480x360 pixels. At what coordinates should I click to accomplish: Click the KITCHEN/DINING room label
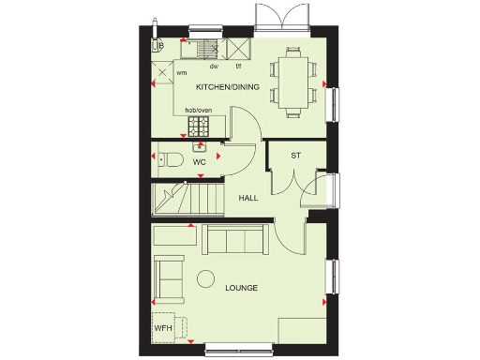pos(227,87)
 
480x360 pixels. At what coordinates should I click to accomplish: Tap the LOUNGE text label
pos(241,287)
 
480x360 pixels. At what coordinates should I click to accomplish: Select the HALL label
pos(248,199)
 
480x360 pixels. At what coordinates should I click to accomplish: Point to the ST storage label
pos(295,156)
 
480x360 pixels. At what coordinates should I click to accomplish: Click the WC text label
pos(199,162)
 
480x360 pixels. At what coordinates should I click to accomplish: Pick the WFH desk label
pos(163,328)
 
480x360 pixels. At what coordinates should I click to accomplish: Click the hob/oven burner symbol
pos(198,126)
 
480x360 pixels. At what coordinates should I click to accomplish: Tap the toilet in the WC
pos(167,158)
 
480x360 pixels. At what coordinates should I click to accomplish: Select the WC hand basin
pos(199,146)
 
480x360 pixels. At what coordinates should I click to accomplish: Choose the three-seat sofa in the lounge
pos(232,240)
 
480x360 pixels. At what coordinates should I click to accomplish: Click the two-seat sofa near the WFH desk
pos(171,274)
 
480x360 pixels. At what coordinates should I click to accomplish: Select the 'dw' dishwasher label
pos(214,67)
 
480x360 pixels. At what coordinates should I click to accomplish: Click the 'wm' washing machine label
pos(181,72)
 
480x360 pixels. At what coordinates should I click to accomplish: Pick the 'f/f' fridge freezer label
pos(238,67)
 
